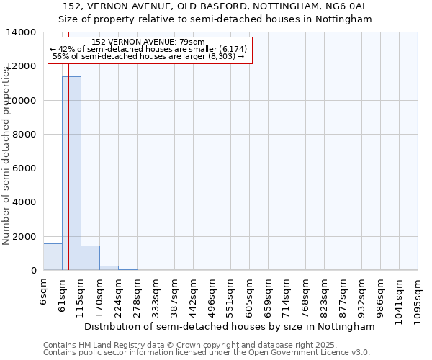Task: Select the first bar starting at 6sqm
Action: coord(53,257)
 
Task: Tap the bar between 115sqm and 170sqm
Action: coord(90,258)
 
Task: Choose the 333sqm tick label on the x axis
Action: coord(156,293)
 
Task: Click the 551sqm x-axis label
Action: coord(230,293)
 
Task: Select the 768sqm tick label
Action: coord(305,293)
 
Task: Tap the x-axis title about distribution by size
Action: coord(230,326)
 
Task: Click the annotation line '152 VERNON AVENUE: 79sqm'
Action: coord(149,42)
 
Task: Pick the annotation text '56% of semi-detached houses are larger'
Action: coord(150,56)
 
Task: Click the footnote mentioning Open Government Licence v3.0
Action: coord(207,353)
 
